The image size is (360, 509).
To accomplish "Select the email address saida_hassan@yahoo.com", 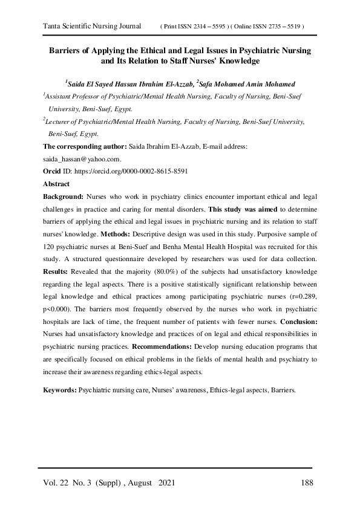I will pos(82,159).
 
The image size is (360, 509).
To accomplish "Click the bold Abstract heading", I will pos(56,184).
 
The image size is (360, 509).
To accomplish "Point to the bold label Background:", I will pos(64,196).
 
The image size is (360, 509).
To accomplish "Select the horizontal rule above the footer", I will pos(175,468).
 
